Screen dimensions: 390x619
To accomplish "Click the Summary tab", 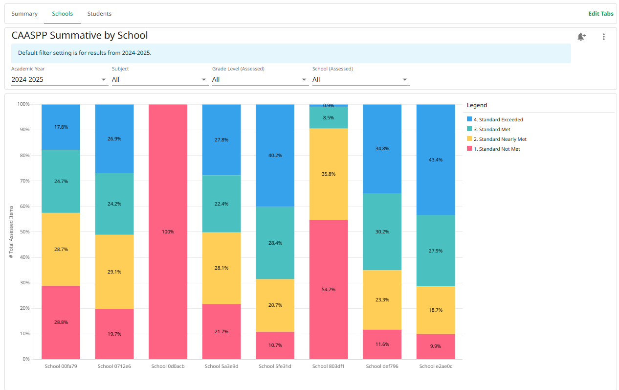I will [x=24, y=14].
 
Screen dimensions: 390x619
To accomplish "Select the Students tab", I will [x=99, y=14].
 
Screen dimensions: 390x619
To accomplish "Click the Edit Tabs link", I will [x=600, y=14].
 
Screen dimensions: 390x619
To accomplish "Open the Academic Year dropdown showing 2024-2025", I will [x=59, y=79].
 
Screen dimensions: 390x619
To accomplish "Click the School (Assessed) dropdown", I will [x=360, y=79].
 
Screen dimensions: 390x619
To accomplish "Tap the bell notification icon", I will [x=581, y=37].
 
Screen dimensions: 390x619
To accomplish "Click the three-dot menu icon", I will [x=604, y=37].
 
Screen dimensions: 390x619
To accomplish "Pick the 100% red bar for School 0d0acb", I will [x=168, y=231].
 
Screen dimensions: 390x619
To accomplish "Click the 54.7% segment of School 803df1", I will [x=329, y=289].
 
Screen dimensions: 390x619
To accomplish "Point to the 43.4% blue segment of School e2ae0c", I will [x=436, y=160].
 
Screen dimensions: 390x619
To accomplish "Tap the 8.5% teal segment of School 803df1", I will [x=329, y=117].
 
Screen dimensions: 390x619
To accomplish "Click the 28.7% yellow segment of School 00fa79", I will [x=61, y=249].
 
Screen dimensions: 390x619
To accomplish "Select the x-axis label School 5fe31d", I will [x=275, y=366].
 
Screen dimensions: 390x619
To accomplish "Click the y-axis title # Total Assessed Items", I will [x=11, y=231].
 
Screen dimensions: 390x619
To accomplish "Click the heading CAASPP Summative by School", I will [x=80, y=35].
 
